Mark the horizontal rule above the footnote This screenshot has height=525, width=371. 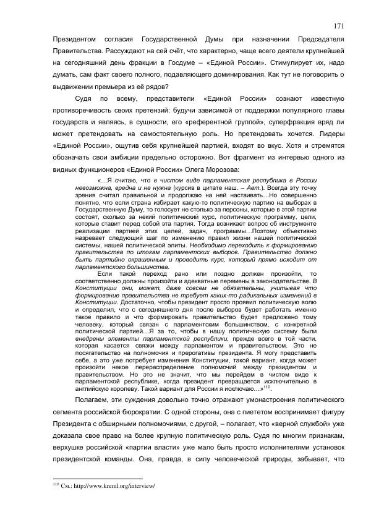pos(97,478)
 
